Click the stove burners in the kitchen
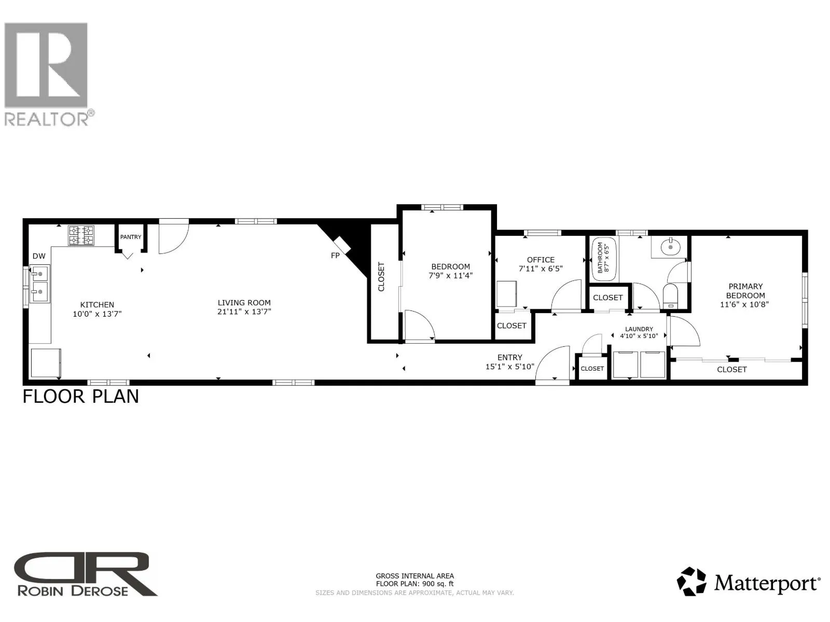81,235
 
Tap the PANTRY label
130,237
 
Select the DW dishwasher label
39,256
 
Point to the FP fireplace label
335,256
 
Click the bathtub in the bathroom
604,259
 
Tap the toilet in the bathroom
670,295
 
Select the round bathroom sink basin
670,247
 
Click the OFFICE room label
541,260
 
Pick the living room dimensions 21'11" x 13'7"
244,312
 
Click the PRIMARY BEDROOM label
745,291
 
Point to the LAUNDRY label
639,329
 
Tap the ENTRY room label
510,357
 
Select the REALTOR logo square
46,65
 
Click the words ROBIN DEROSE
73,591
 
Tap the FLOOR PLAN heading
81,397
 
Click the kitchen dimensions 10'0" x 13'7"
97,314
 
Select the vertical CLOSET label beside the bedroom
381,277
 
